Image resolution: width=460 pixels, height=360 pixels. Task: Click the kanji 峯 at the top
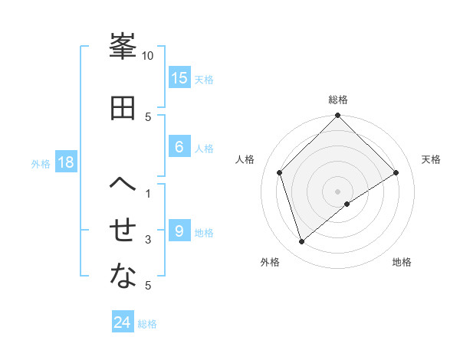pos(123,47)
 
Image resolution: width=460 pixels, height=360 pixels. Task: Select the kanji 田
pos(123,107)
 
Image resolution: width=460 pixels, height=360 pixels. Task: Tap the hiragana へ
pos(123,185)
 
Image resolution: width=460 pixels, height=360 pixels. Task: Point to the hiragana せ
pos(123,231)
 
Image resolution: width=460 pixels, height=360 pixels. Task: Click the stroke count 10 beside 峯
pos(148,56)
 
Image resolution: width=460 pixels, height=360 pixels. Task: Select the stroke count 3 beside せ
pos(148,240)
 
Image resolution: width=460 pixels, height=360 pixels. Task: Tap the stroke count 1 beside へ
pos(148,194)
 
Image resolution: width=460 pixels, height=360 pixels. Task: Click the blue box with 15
pos(179,78)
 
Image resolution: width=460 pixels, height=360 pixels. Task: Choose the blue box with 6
pos(179,147)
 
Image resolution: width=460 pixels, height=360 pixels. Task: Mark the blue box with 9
pos(179,231)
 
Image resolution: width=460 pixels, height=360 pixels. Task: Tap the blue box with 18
pos(65,163)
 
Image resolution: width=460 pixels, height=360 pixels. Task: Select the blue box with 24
pos(123,323)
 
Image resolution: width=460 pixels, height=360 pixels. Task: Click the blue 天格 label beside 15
pos(204,79)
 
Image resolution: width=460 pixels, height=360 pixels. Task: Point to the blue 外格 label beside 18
pos(41,164)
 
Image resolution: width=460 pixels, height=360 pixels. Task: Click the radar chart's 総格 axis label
pos(338,100)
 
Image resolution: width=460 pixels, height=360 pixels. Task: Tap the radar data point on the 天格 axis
pos(396,172)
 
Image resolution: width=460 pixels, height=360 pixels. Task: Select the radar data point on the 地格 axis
pos(347,204)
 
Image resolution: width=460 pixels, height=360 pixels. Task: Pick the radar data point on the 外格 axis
pos(302,242)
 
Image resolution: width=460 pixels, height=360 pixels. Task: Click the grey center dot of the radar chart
pos(338,191)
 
